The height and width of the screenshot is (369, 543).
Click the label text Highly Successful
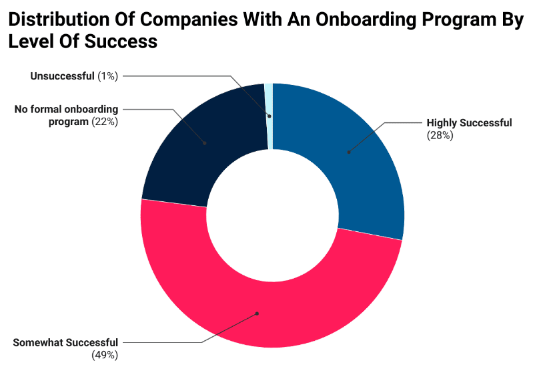[x=469, y=123]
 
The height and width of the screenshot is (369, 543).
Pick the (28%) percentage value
[x=440, y=135]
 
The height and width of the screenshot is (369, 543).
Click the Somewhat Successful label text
[x=65, y=343]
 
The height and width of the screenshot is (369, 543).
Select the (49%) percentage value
[x=105, y=355]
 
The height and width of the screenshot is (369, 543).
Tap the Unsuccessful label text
[x=62, y=76]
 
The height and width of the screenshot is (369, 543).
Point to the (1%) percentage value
[x=107, y=76]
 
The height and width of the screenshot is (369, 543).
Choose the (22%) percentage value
[x=105, y=122]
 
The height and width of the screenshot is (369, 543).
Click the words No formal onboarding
[x=66, y=110]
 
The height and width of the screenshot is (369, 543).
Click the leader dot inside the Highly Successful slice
[x=348, y=152]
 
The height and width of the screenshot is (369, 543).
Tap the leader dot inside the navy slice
[x=204, y=142]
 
